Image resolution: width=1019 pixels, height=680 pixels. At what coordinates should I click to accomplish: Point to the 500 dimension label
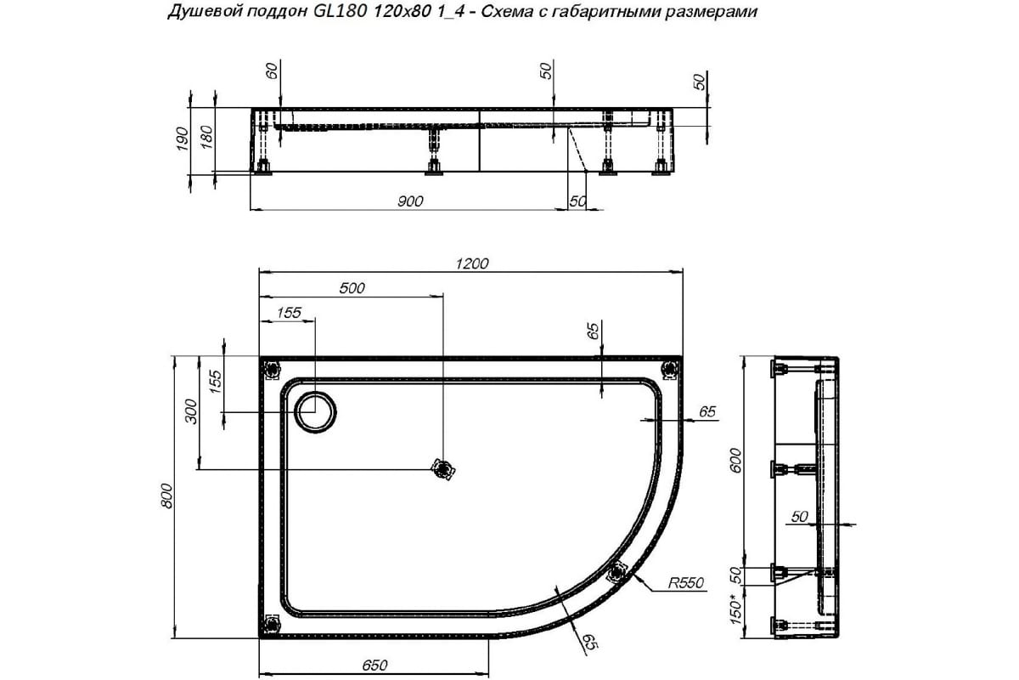click(x=352, y=288)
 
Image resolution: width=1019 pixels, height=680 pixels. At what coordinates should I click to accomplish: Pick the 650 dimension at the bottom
click(x=374, y=666)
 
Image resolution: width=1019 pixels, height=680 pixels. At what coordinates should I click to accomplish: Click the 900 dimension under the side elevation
click(x=409, y=201)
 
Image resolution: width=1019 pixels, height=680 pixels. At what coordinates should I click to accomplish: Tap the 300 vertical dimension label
click(x=192, y=412)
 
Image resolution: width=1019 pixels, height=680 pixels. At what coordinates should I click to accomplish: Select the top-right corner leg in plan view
click(x=670, y=368)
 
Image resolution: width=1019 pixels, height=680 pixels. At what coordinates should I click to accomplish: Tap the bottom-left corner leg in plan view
click(x=271, y=625)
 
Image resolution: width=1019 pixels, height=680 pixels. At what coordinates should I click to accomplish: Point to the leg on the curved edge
click(x=617, y=572)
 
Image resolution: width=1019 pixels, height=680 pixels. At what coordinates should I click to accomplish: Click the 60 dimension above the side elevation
click(x=272, y=71)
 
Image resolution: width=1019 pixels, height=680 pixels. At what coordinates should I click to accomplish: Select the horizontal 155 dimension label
click(x=289, y=312)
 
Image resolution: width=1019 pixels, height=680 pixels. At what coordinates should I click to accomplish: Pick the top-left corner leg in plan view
click(x=272, y=369)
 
